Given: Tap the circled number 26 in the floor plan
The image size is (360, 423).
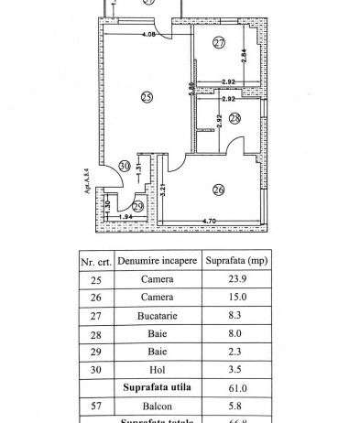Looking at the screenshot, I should (218, 190).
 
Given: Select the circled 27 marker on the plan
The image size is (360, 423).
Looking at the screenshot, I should (219, 43).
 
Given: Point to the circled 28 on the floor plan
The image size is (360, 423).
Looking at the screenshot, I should (235, 118).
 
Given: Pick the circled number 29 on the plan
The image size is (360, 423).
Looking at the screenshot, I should (138, 207).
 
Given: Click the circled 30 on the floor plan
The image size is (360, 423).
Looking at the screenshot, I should (125, 166).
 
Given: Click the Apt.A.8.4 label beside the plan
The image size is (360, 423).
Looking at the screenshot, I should (84, 185).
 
